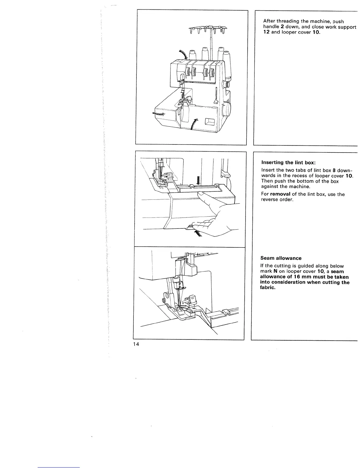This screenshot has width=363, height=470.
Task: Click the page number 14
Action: click(x=136, y=344)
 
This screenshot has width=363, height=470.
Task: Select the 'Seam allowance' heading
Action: click(x=281, y=258)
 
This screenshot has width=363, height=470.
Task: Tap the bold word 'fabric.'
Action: click(x=268, y=288)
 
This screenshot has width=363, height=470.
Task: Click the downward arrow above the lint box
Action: click(x=199, y=180)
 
